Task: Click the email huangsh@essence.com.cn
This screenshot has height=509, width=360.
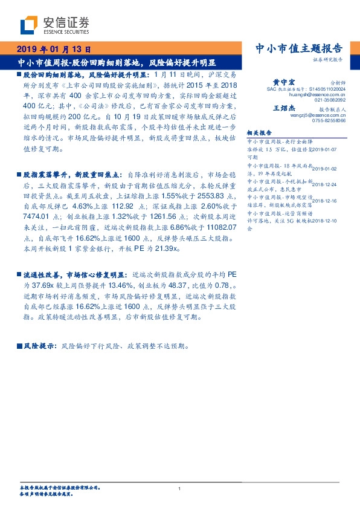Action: click(x=317, y=94)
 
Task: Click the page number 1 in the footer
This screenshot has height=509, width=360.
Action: click(x=180, y=489)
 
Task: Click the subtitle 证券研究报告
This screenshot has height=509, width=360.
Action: click(x=327, y=60)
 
